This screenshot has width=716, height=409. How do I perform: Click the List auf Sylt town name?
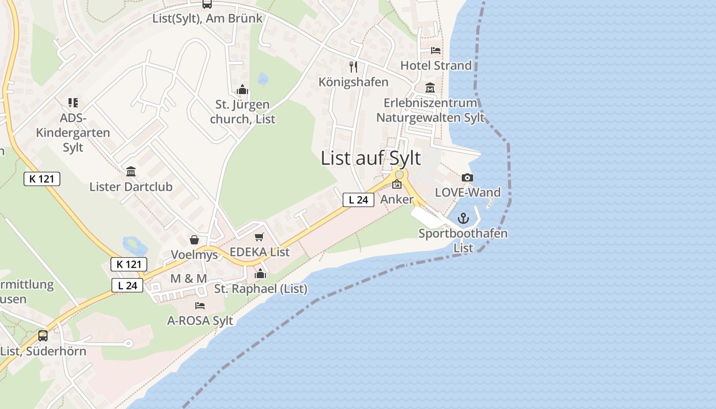(371, 158)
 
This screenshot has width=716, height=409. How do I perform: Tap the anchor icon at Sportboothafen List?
(463, 219)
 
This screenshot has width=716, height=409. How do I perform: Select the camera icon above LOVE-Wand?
(467, 178)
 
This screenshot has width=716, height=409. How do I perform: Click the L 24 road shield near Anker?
(358, 200)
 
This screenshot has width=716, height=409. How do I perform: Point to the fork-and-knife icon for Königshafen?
(353, 66)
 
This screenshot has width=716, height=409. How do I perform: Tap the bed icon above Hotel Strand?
(435, 50)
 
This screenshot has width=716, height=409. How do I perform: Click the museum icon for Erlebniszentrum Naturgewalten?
(430, 88)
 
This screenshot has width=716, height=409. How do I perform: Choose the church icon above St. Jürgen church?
(242, 90)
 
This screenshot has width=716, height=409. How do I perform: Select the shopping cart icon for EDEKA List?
(259, 237)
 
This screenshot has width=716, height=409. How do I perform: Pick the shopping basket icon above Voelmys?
(194, 240)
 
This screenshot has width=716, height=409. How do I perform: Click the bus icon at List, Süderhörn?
(43, 336)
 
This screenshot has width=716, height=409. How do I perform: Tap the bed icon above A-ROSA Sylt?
(200, 306)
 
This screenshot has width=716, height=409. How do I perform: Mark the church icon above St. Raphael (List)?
(260, 274)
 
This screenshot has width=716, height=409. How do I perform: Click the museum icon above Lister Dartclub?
(131, 171)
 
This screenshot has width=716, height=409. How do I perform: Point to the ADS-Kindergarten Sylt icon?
(73, 103)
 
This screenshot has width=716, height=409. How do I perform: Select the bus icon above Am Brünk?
(207, 4)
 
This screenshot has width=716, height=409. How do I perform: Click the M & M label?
(189, 279)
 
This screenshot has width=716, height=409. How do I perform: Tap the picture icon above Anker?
(397, 185)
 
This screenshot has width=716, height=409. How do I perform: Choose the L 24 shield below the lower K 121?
(127, 285)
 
